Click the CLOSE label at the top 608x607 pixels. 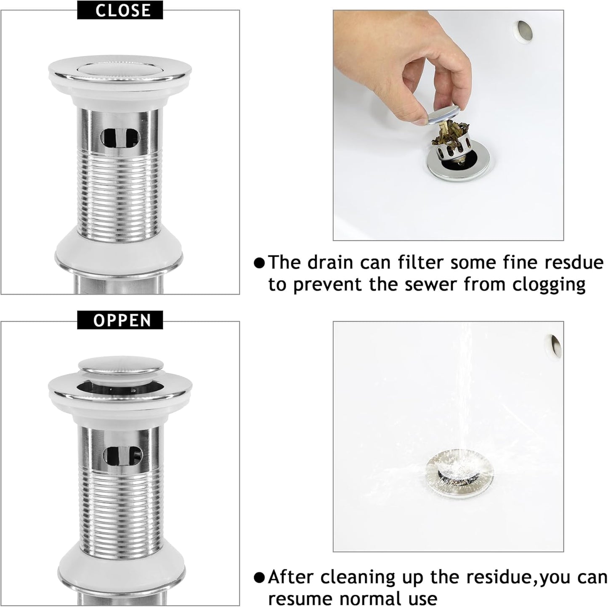[x=120, y=10]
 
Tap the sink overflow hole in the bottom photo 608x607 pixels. [x=554, y=344]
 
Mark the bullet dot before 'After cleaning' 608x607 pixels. [x=260, y=577]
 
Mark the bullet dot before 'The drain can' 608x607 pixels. [x=260, y=263]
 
